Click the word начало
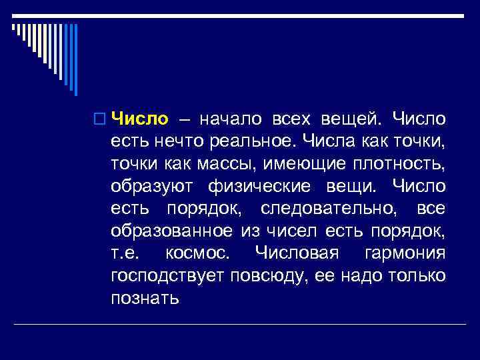(x=225, y=119)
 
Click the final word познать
(x=145, y=298)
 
